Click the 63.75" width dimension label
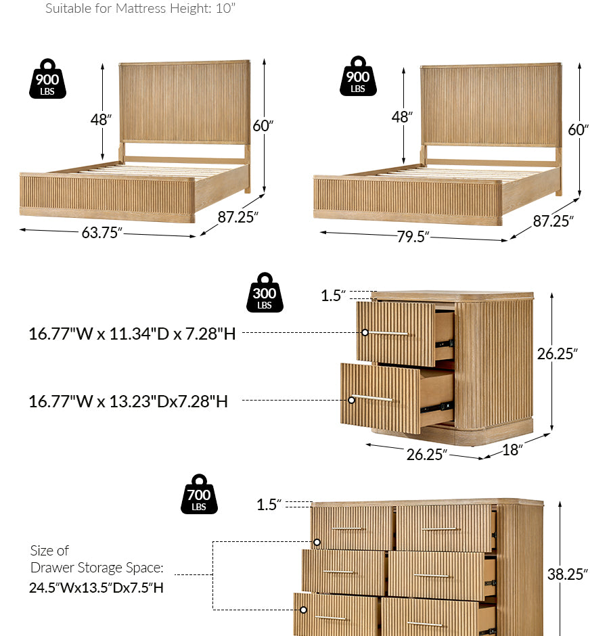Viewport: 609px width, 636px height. pos(101,233)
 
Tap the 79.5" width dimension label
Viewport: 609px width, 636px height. pos(413,237)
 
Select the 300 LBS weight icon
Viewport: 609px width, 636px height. pos(265,292)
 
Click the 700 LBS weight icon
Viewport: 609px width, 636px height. pos(199,494)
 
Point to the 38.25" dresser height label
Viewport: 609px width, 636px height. pos(567,574)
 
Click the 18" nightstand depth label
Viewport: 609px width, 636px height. pos(512,450)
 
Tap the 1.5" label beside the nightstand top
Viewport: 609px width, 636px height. pos(333,295)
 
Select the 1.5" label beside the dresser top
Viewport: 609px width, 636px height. pos(269,505)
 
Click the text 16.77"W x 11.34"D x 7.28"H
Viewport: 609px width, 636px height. pos(132,334)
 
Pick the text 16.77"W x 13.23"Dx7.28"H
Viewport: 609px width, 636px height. pos(128,401)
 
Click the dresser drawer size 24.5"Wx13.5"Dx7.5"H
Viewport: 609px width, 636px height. pos(96,588)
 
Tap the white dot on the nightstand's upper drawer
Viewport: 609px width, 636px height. pos(365,333)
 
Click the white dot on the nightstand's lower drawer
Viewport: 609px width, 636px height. pos(351,401)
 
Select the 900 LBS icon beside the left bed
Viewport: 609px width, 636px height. pos(47,78)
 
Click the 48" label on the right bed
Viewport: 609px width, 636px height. pos(402,117)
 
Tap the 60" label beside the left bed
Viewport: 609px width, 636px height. pos(263,126)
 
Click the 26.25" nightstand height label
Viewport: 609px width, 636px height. pos(557,354)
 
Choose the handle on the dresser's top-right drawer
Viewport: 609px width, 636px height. pos(441,529)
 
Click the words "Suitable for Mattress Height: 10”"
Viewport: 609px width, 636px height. pos(140,9)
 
